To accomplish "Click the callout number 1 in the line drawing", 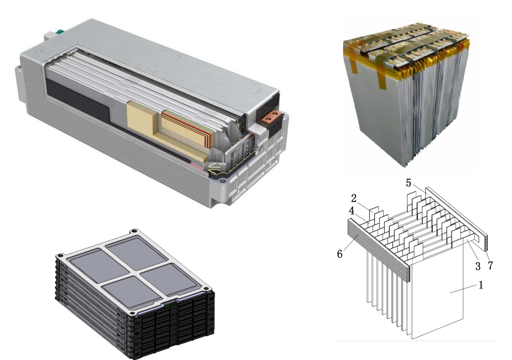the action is (480, 285).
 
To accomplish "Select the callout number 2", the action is (354, 198).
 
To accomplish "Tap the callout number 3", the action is (478, 266).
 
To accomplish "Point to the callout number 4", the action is (352, 211).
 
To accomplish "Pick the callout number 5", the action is (408, 183).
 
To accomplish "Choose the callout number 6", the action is (340, 254).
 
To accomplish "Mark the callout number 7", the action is (490, 265).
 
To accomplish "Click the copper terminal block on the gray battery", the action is (271, 118).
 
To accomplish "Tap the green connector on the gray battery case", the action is (60, 32).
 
